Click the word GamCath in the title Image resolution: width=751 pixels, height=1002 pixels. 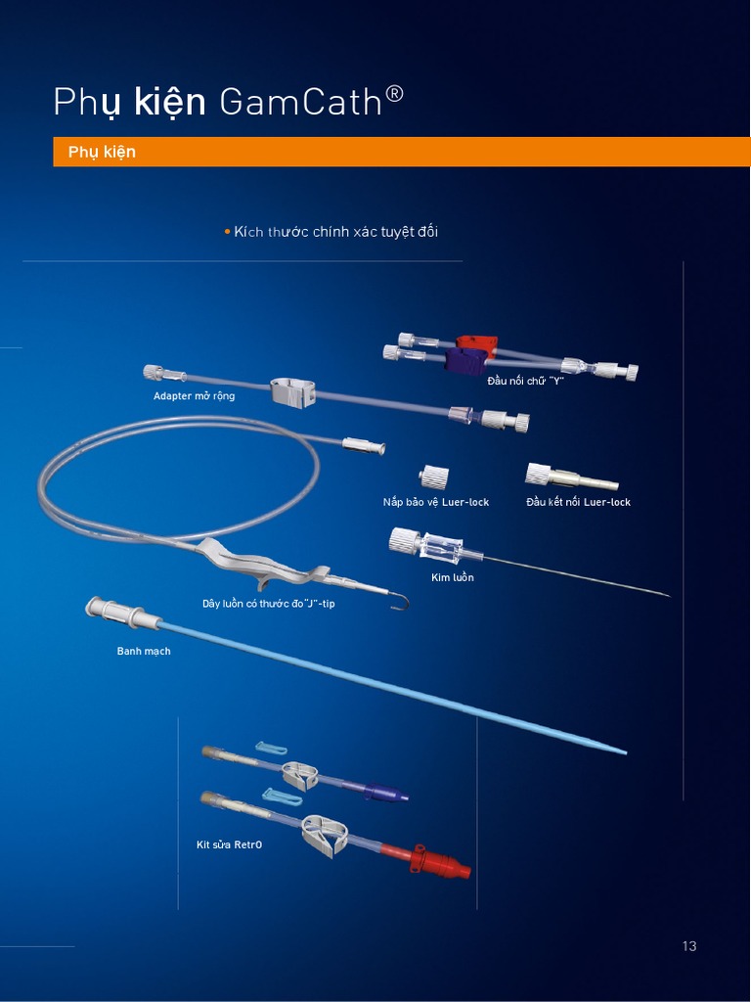click(x=300, y=102)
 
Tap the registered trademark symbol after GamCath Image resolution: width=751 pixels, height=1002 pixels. click(x=395, y=94)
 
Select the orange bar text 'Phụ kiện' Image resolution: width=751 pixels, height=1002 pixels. click(x=102, y=152)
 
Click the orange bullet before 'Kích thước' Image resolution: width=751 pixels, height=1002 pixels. click(x=227, y=231)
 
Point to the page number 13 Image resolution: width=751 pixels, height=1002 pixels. click(x=689, y=946)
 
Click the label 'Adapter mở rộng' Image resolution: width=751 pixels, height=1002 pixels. click(x=194, y=396)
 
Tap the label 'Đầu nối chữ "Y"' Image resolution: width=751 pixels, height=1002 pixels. click(x=526, y=381)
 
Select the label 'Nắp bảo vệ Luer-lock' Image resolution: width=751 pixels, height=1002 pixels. click(x=436, y=502)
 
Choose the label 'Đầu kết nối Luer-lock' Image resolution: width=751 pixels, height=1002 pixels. click(x=578, y=502)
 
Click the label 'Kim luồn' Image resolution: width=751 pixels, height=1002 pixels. click(x=452, y=577)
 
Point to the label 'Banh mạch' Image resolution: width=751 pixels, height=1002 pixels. click(x=144, y=651)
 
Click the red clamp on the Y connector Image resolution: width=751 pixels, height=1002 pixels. click(x=476, y=344)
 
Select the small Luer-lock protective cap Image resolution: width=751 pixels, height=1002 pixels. click(x=433, y=478)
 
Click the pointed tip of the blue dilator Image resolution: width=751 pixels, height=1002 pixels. click(x=621, y=751)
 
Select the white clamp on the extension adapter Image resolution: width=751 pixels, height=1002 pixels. click(x=289, y=391)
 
